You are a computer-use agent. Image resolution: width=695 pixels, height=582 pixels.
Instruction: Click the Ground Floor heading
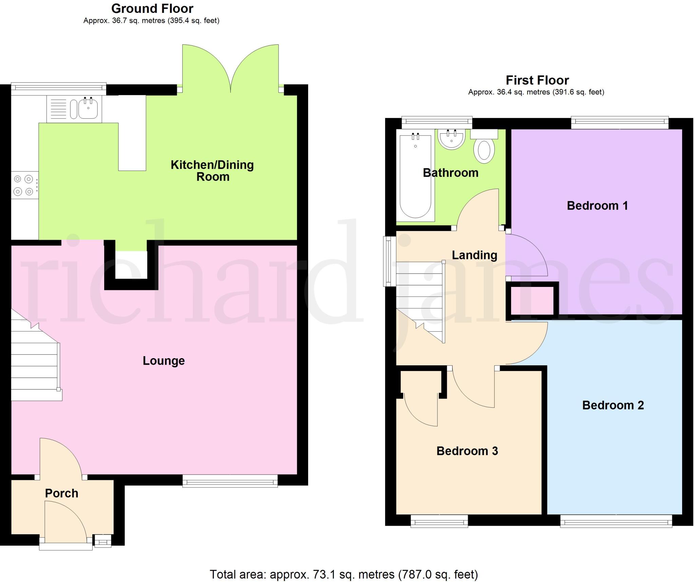coord(152,8)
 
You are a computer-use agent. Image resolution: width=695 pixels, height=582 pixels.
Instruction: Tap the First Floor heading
coord(537,80)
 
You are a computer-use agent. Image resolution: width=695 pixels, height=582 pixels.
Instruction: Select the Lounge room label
coord(164,361)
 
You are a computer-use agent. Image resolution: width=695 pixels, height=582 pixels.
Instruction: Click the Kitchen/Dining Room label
coord(212,171)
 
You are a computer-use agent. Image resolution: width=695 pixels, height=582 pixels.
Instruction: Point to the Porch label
coord(61,493)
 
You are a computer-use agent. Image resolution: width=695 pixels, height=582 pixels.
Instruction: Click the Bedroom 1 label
coord(597,206)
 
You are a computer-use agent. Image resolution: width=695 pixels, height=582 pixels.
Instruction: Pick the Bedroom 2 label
coord(613,405)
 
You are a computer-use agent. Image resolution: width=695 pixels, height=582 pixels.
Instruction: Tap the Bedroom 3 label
coord(467,451)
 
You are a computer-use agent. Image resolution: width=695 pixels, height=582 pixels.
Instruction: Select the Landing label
coord(474,255)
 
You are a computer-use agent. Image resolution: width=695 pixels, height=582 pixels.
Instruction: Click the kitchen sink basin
coord(88,109)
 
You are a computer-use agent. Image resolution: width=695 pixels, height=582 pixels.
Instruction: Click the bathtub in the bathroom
coord(415,176)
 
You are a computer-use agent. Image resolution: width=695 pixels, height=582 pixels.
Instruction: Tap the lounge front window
coord(230,481)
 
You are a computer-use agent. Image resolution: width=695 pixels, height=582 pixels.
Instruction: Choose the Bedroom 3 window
coord(439,521)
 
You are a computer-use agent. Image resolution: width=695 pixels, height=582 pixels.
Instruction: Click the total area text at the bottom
coord(343,574)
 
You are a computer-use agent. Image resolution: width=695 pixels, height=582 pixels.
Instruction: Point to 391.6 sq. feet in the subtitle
coord(578,92)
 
